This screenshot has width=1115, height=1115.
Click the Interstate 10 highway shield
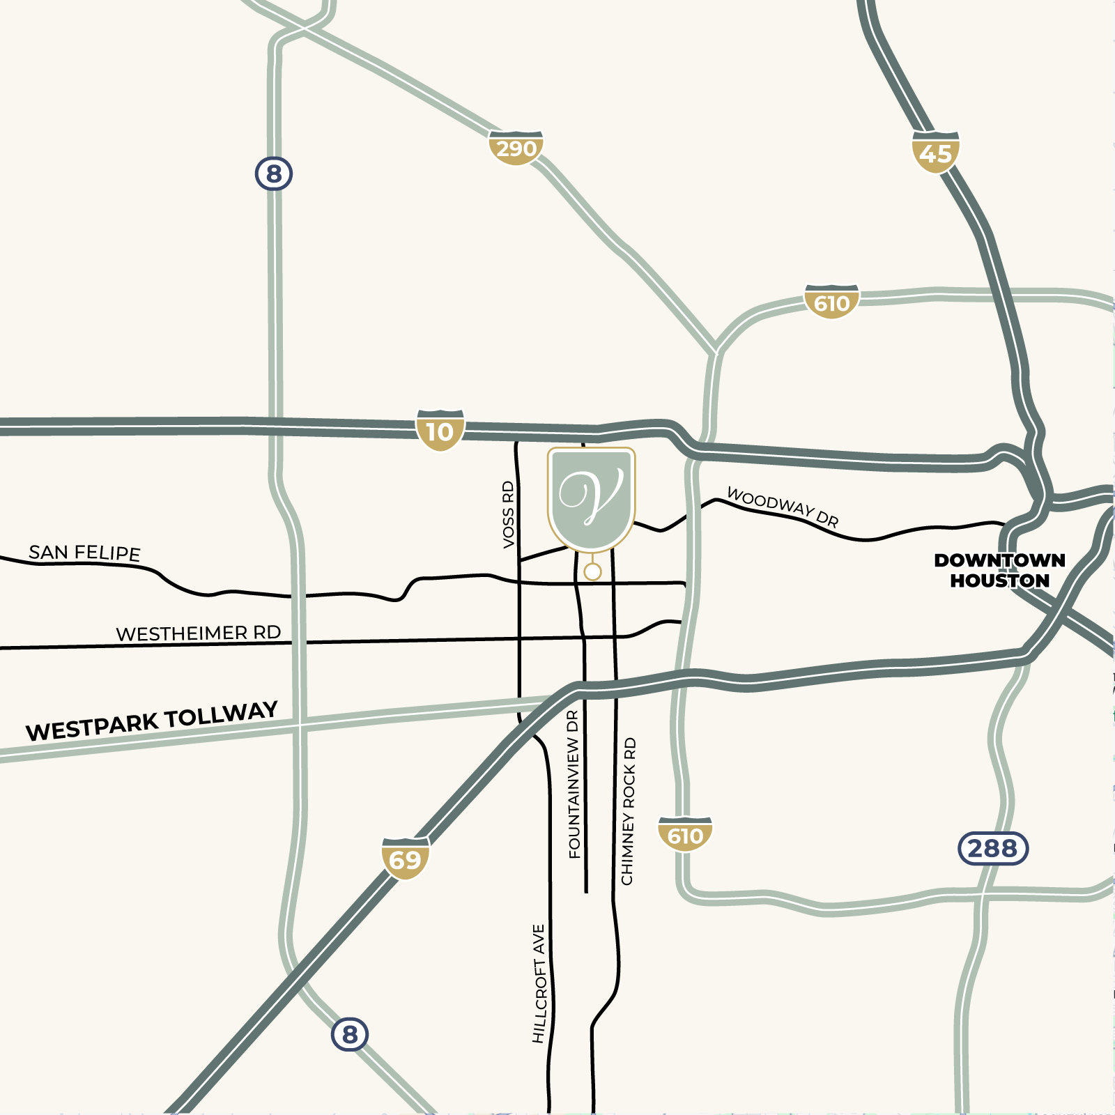pyautogui.click(x=440, y=431)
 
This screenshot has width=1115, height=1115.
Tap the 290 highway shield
pyautogui.click(x=516, y=148)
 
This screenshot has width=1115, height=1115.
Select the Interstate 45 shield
pyautogui.click(x=935, y=152)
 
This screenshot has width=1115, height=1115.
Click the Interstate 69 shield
pyautogui.click(x=405, y=859)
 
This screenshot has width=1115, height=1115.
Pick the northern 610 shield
pyautogui.click(x=831, y=302)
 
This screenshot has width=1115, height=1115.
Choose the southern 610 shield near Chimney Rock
pyautogui.click(x=685, y=835)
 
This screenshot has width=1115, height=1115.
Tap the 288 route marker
pyautogui.click(x=993, y=848)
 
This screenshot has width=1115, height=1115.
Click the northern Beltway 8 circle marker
pyautogui.click(x=273, y=173)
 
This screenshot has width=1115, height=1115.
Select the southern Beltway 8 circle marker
pyautogui.click(x=350, y=1034)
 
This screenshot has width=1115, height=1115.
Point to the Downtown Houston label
pyautogui.click(x=999, y=570)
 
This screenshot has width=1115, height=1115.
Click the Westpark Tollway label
pyautogui.click(x=152, y=722)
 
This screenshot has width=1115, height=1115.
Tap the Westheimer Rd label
pyautogui.click(x=199, y=633)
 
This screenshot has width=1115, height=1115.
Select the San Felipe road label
pyautogui.click(x=84, y=553)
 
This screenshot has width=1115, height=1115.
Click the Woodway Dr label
pyautogui.click(x=782, y=507)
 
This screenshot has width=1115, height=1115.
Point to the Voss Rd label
pyautogui.click(x=508, y=514)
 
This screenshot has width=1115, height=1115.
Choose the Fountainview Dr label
pyautogui.click(x=574, y=784)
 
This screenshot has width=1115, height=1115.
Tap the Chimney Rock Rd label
pyautogui.click(x=628, y=811)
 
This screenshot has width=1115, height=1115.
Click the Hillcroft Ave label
pyautogui.click(x=539, y=983)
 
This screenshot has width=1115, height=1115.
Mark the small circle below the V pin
pyautogui.click(x=592, y=572)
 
